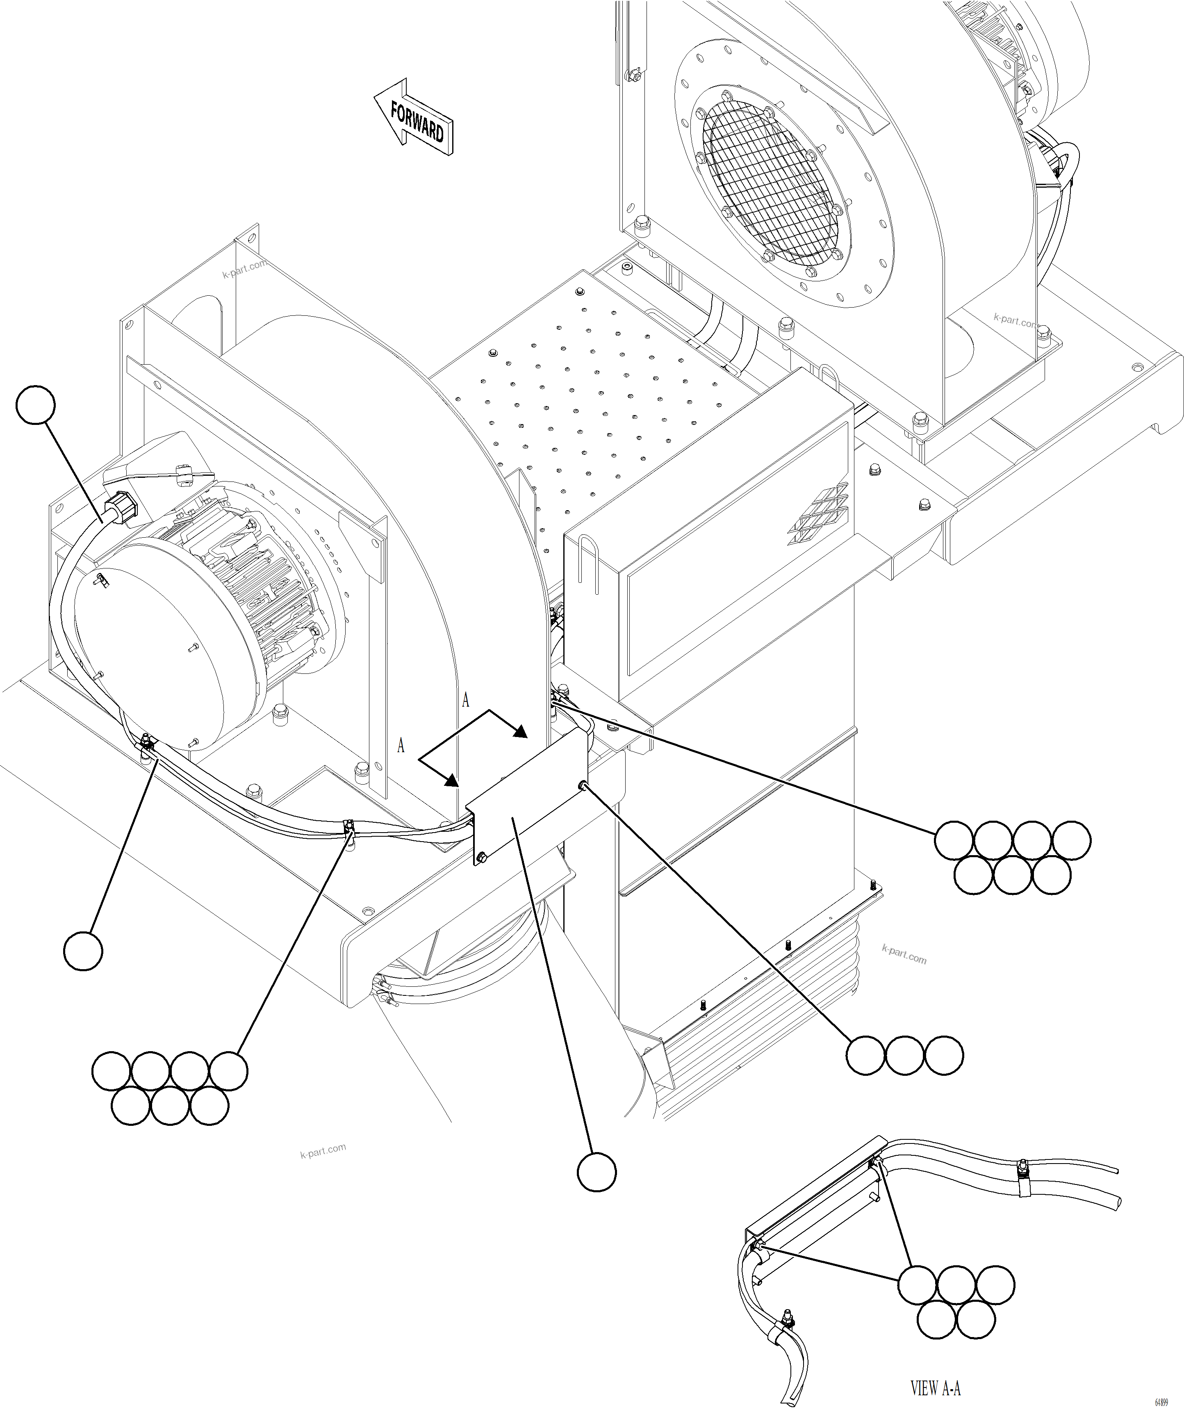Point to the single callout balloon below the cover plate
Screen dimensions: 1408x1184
597,1172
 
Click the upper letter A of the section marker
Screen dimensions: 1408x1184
466,700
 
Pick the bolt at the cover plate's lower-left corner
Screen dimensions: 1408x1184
483,858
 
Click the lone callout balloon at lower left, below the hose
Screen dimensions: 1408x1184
83,950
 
